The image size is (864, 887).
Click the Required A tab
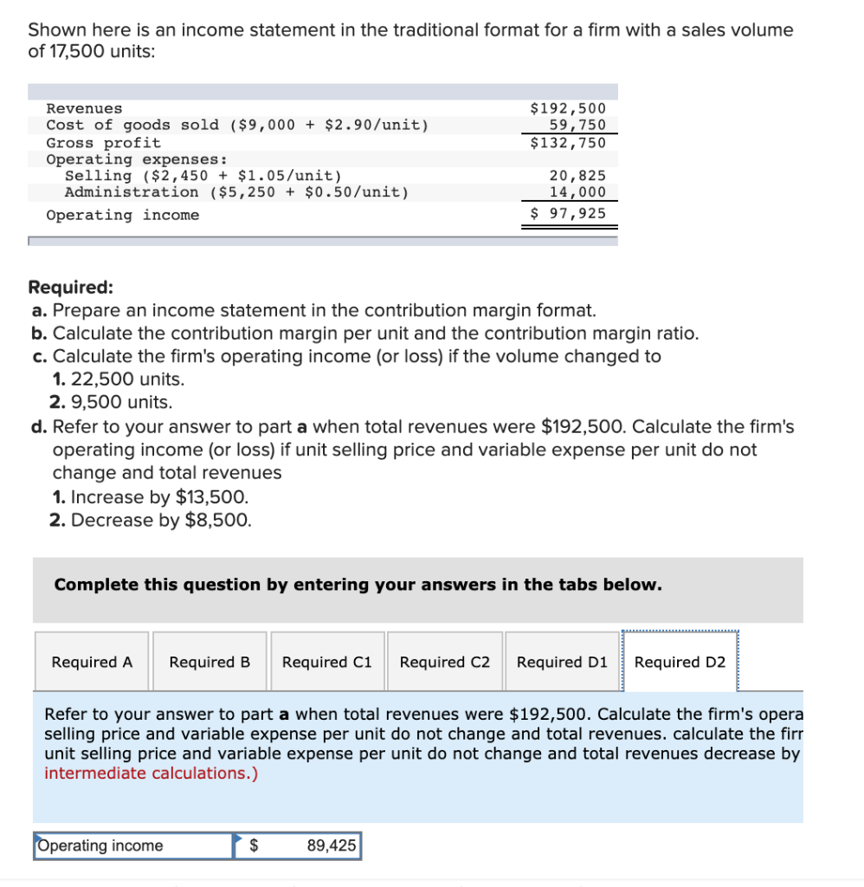93,662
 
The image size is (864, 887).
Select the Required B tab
210,662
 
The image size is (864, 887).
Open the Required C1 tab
327,662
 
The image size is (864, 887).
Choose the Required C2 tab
445,662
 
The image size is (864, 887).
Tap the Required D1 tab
562,662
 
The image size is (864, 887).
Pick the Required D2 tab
680,662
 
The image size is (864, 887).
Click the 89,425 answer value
332,845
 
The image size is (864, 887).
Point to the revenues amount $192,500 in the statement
568,108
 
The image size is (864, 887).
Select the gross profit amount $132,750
568,142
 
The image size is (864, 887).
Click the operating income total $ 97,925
568,214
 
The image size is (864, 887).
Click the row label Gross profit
103,142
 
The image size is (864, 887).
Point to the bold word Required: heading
70,288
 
